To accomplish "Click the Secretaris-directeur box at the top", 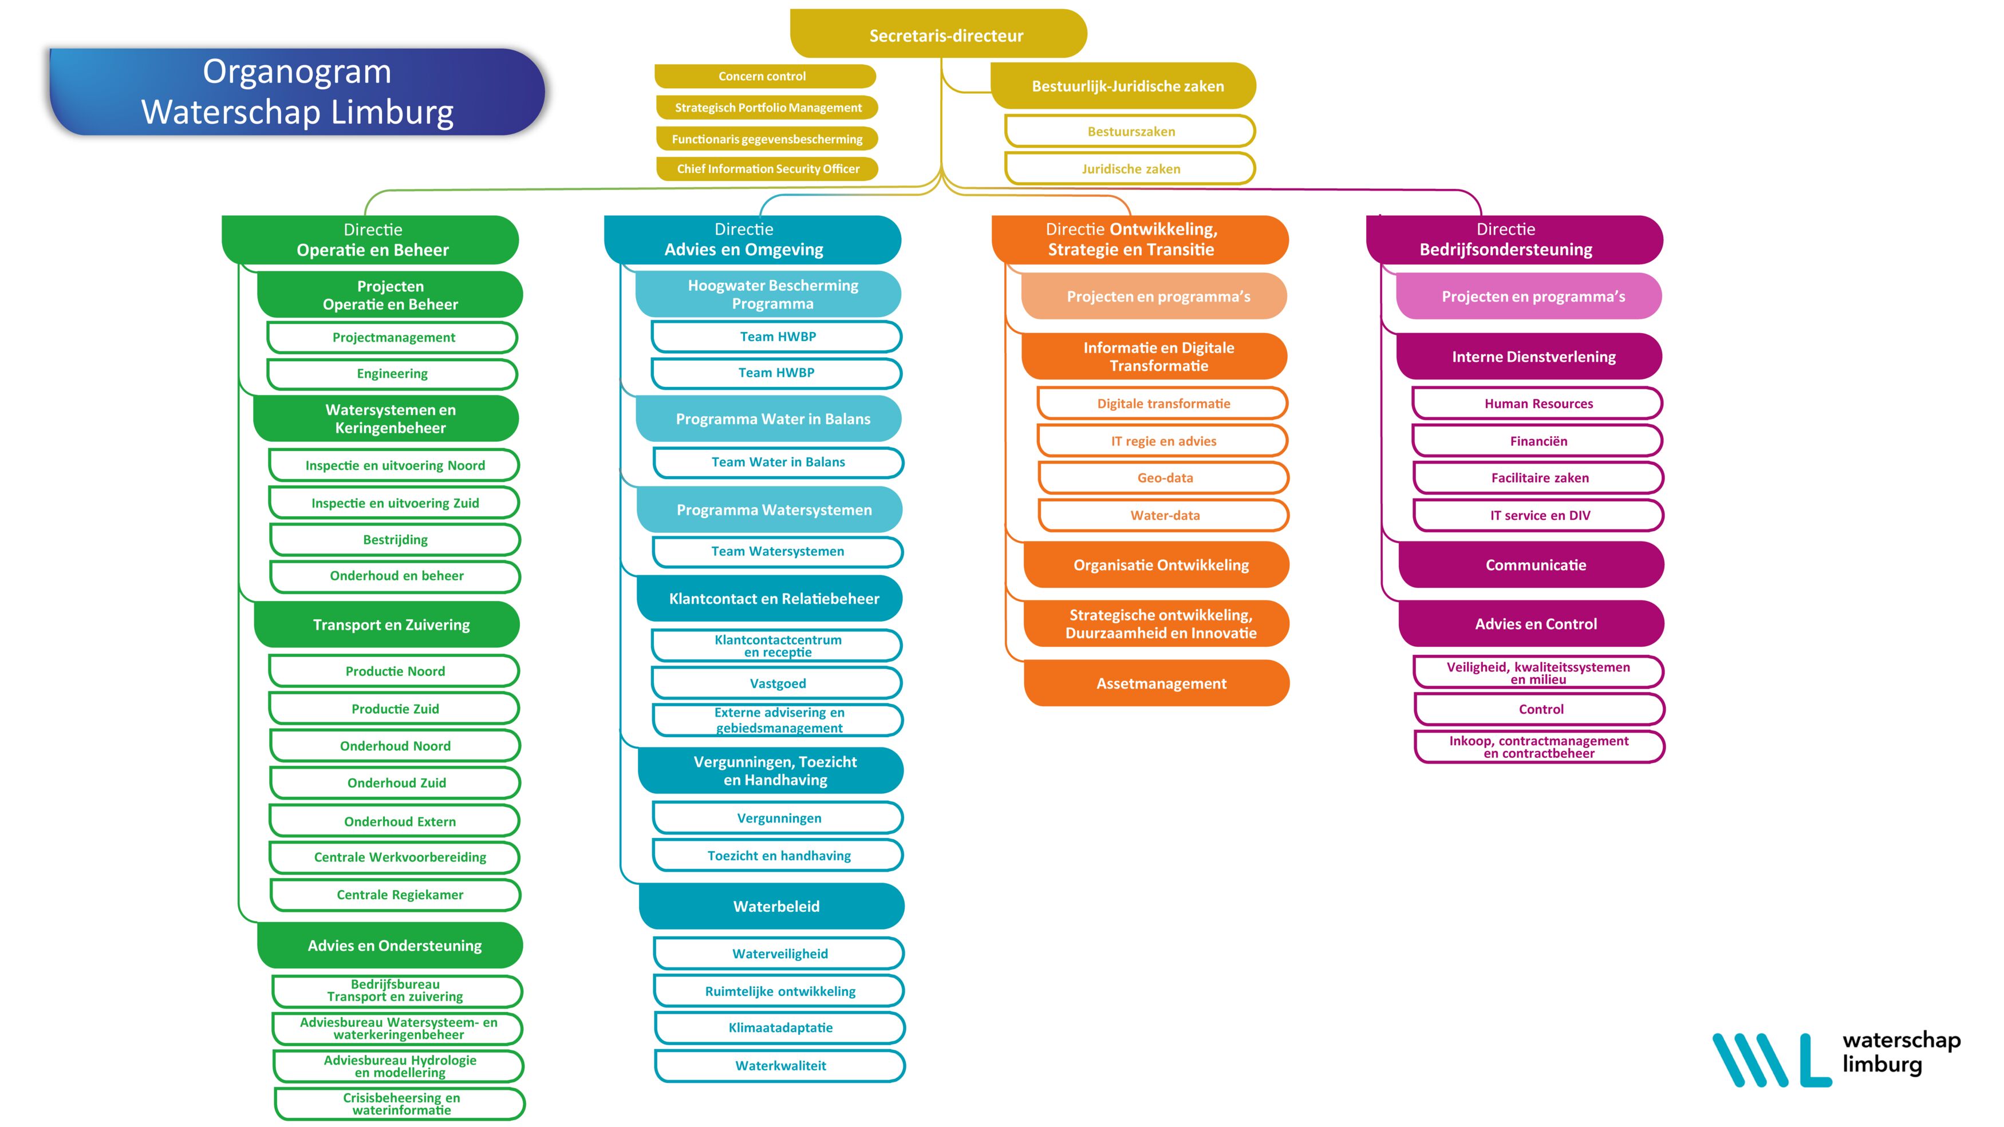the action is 938,34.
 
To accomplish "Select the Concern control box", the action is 765,76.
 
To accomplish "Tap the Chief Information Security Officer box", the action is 767,169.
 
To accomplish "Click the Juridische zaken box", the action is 1130,169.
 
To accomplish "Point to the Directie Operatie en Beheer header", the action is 370,240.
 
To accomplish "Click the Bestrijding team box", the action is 395,540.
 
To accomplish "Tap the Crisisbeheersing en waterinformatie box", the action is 400,1104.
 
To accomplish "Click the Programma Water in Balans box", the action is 768,418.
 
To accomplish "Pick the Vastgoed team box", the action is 777,683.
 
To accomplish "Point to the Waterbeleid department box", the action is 772,906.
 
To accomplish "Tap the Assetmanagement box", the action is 1157,683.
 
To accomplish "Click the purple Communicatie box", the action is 1531,565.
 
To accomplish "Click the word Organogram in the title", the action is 297,72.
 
